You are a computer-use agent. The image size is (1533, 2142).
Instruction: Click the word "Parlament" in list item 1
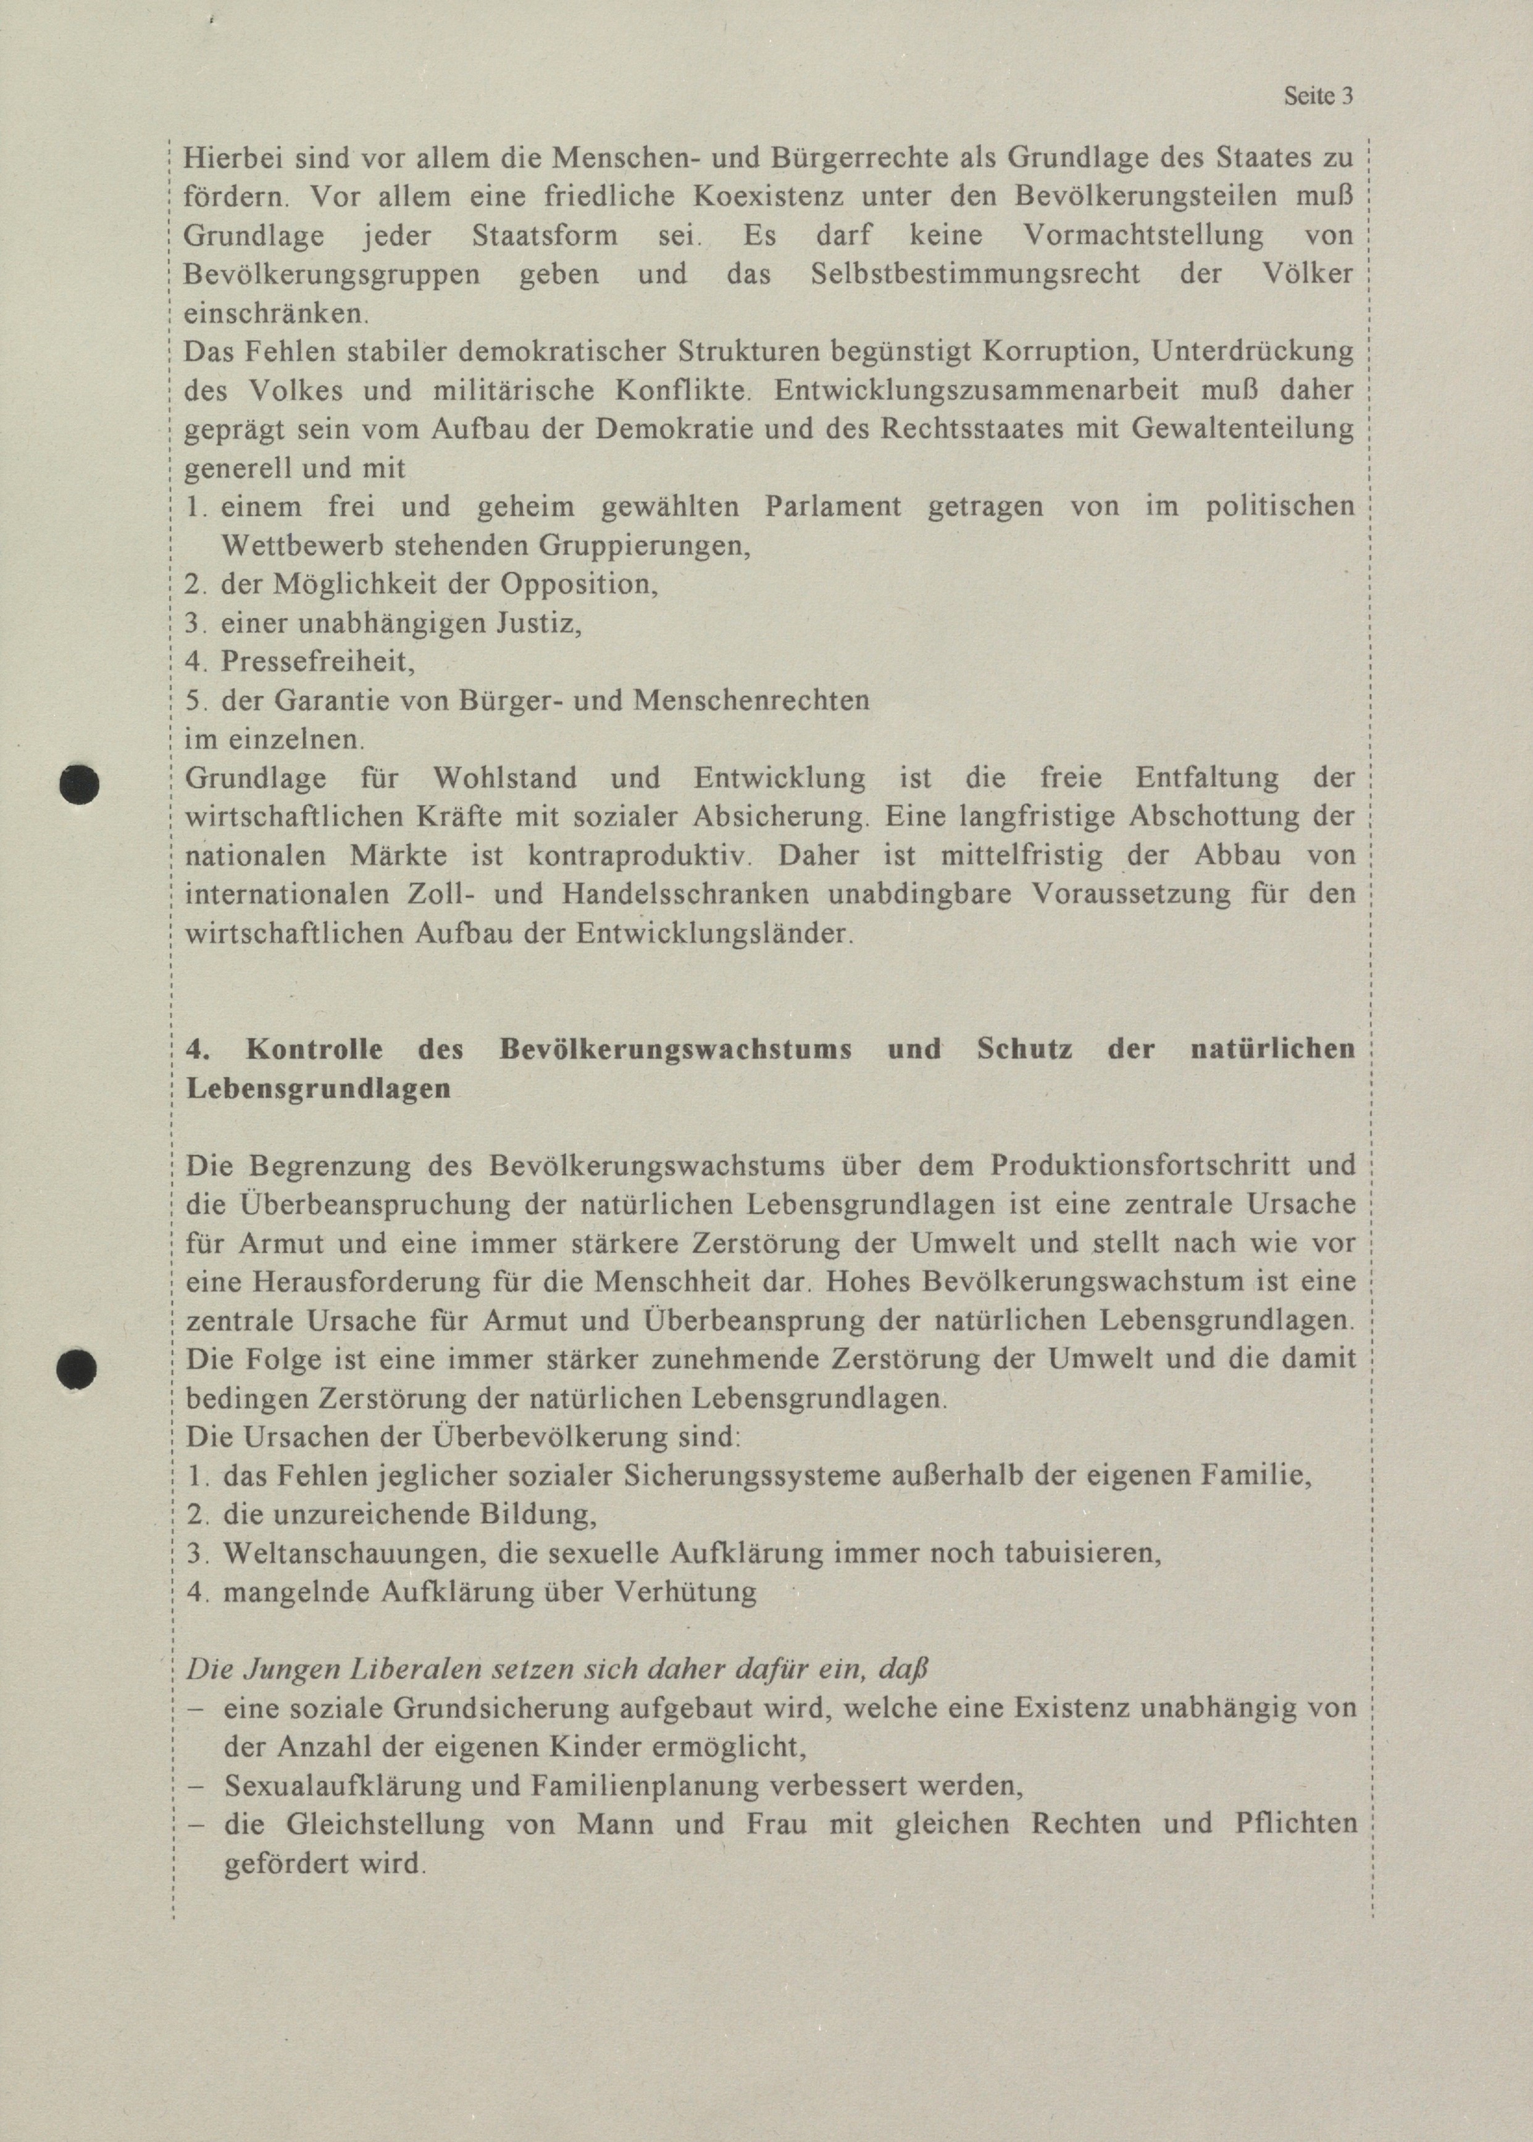(833, 507)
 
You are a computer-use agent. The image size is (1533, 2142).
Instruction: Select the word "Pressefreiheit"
(318, 662)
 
